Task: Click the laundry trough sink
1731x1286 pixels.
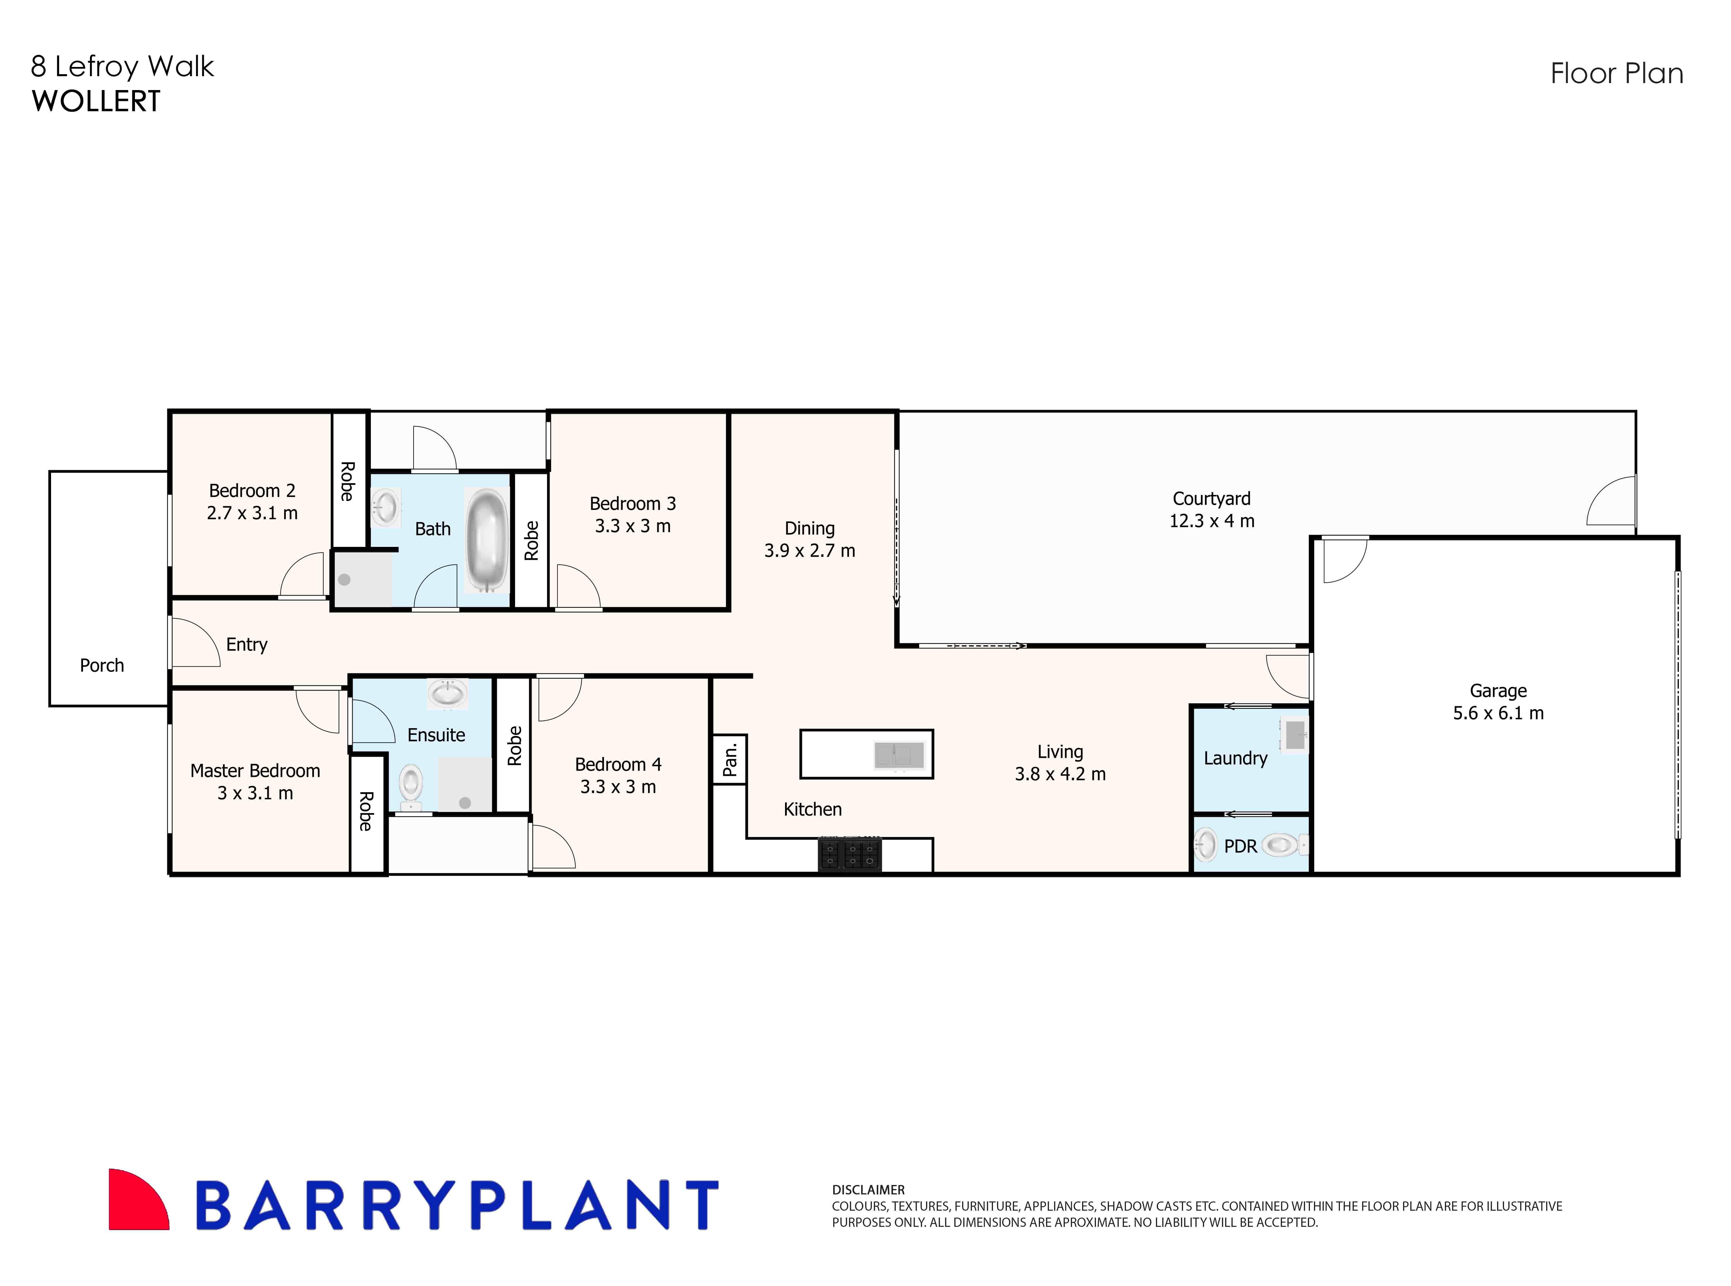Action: point(1295,735)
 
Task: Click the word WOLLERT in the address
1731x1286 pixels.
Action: point(96,101)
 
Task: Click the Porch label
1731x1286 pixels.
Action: point(102,666)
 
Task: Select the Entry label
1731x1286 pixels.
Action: point(247,644)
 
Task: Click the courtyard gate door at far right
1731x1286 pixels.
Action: point(1612,502)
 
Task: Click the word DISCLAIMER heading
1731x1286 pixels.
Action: point(868,1190)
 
